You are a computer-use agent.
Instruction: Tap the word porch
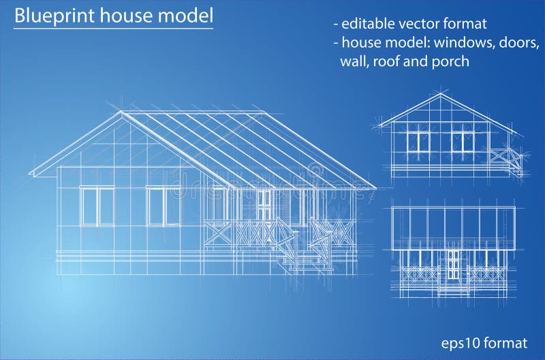(450, 61)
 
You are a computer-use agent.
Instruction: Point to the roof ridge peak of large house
(121, 112)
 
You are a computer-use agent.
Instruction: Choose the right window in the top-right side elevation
(462, 142)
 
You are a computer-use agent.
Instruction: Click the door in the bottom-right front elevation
(453, 262)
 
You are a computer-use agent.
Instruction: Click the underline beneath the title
(114, 29)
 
